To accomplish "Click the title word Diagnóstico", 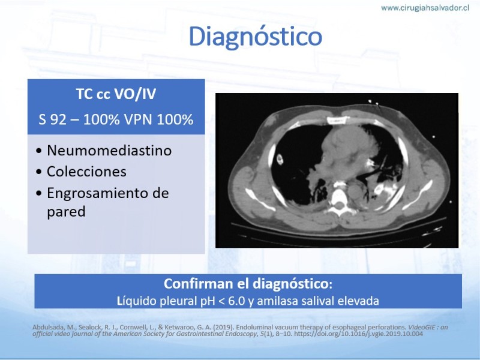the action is coord(256,37).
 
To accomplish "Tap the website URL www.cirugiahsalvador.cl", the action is coord(425,8).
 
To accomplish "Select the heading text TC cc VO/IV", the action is coord(116,94).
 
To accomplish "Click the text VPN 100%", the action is coord(158,119).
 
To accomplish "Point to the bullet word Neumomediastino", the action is coord(109,151).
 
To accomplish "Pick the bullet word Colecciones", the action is coord(86,172).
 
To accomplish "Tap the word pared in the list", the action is coord(66,212).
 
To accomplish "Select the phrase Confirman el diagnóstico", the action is coord(247,284).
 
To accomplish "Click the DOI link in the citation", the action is coord(358,334).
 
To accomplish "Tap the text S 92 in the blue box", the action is coord(52,119).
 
